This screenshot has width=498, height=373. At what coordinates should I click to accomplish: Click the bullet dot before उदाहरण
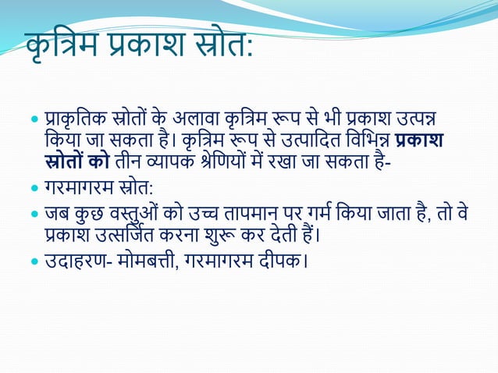point(34,259)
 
